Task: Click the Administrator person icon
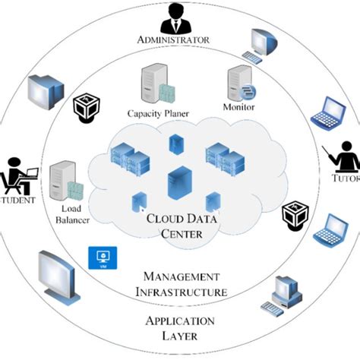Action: point(175,16)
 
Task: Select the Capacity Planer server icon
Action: point(155,86)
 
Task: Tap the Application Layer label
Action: point(180,327)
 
